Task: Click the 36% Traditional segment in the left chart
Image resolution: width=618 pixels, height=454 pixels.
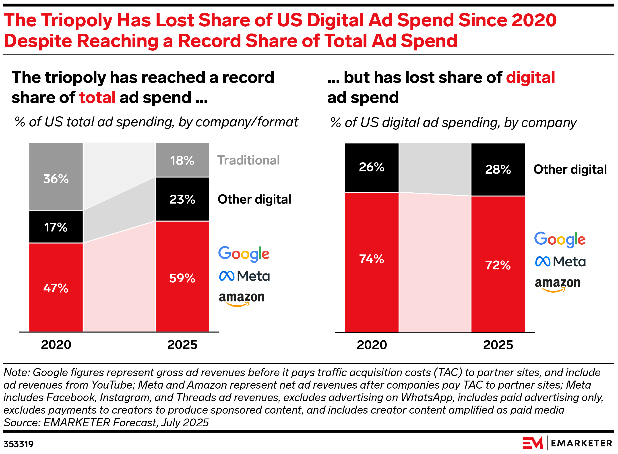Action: click(x=56, y=177)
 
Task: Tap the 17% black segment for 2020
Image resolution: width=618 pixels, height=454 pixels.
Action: click(x=56, y=227)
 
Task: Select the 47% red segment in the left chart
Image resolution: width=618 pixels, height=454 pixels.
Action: click(x=56, y=287)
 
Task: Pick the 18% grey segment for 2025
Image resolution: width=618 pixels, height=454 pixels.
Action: click(x=182, y=160)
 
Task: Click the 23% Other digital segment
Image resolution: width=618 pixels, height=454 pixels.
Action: click(x=182, y=199)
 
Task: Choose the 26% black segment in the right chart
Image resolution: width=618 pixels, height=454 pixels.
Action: click(x=372, y=167)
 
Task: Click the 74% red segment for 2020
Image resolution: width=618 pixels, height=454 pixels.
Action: click(x=372, y=262)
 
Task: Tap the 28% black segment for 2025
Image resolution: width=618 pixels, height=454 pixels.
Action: click(x=498, y=169)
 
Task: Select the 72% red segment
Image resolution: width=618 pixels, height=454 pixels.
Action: click(x=498, y=264)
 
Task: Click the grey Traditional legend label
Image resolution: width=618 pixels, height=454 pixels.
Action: click(x=248, y=160)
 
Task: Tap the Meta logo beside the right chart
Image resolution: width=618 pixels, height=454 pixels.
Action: click(x=560, y=262)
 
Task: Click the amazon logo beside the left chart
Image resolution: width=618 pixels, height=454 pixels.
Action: click(x=242, y=298)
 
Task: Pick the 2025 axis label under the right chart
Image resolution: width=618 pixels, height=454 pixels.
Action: click(x=498, y=345)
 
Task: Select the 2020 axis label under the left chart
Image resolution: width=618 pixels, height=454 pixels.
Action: click(x=56, y=345)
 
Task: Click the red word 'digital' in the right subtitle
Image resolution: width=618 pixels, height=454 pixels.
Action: click(x=530, y=77)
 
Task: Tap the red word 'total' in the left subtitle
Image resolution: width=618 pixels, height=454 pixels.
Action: click(x=97, y=98)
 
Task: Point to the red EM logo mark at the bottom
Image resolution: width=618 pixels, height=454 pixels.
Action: click(x=533, y=443)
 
